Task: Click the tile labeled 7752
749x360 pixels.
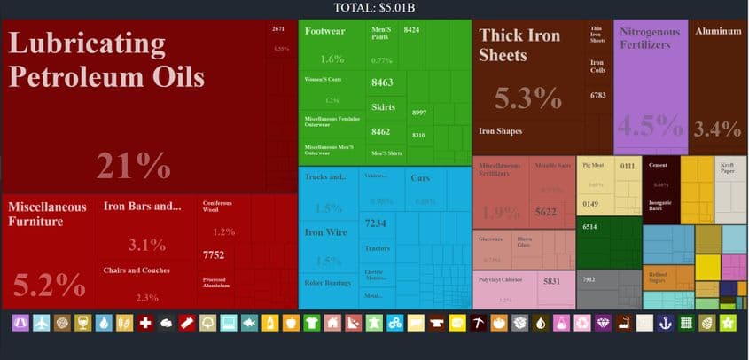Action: click(213, 255)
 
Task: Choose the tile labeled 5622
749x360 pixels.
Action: click(545, 212)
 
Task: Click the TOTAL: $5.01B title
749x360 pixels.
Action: click(374, 8)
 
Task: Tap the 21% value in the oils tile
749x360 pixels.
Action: click(133, 167)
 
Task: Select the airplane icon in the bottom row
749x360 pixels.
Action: click(42, 324)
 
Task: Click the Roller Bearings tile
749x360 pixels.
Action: click(328, 284)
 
